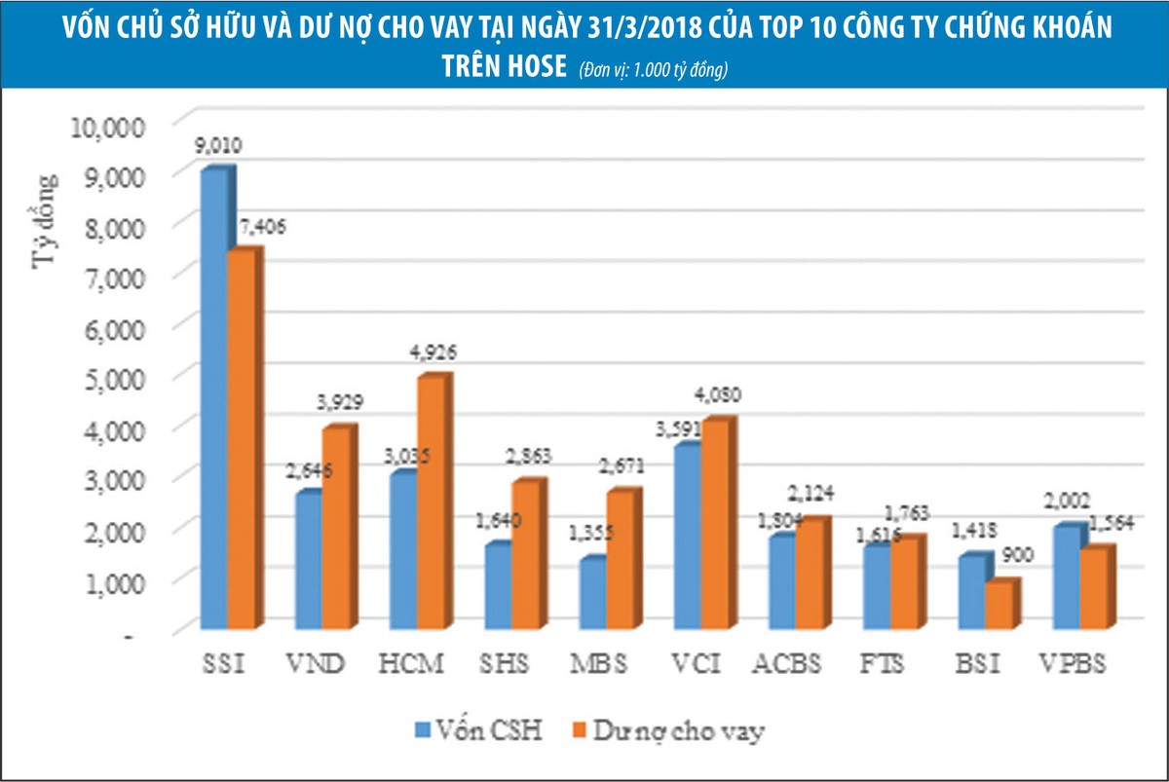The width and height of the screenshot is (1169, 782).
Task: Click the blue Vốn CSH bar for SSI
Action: pos(213,399)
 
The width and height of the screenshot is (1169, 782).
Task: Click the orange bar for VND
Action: pos(335,531)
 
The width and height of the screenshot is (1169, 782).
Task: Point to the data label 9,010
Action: pos(218,147)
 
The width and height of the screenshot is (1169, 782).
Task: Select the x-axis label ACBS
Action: pos(787,666)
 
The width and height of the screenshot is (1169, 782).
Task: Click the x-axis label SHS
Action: pos(506,666)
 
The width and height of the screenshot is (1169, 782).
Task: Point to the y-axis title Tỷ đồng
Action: pos(46,219)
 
